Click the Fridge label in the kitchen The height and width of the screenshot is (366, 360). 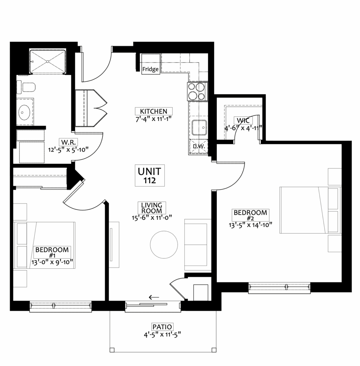tap(151, 69)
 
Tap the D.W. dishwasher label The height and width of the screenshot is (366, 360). tap(199, 147)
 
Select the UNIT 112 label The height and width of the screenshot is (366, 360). tap(150, 176)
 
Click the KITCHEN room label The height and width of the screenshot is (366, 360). tap(154, 111)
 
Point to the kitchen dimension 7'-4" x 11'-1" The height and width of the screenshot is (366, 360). tap(154, 119)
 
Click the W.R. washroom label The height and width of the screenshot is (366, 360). tap(68, 142)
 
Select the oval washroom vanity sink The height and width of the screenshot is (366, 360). tap(24, 112)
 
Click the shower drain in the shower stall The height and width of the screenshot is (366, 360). tap(48, 61)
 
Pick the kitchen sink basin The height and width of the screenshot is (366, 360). tap(199, 128)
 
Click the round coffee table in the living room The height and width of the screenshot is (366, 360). tap(164, 244)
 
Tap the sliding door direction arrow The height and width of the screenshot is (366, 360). tap(154, 297)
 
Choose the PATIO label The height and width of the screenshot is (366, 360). tap(162, 327)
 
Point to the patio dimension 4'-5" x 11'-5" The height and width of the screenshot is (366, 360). tap(162, 335)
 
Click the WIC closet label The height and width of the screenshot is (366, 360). tap(243, 120)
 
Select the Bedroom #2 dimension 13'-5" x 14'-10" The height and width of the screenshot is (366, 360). tap(250, 225)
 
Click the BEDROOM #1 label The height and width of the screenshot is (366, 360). tap(52, 253)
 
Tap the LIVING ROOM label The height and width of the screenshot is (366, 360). tap(151, 208)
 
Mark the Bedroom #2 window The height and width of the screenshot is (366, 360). tap(279, 288)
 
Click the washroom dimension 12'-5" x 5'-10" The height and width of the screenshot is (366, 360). tap(68, 150)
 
